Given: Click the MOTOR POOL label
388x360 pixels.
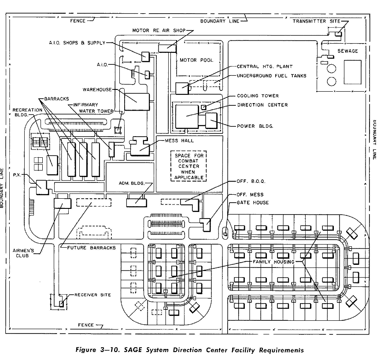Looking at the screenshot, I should pos(196,60).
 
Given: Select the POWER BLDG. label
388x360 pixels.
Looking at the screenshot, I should pos(255,126).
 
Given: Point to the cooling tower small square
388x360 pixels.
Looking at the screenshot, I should pos(204,107).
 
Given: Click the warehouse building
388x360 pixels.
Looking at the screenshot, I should pos(137,101).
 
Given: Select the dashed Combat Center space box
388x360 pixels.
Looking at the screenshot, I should pos(190,166).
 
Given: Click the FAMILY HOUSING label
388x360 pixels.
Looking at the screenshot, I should pos(273,262).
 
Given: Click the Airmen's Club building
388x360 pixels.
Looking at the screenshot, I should pos(62,203).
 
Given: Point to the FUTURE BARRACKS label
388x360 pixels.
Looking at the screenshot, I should pos(91,248).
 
